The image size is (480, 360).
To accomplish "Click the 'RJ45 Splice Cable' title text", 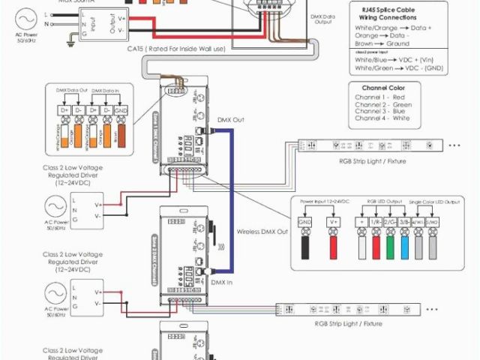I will (x=397, y=8).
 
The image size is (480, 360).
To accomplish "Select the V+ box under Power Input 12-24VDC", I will (x=333, y=222).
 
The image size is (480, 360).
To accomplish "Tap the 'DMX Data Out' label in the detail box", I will (x=73, y=90).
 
